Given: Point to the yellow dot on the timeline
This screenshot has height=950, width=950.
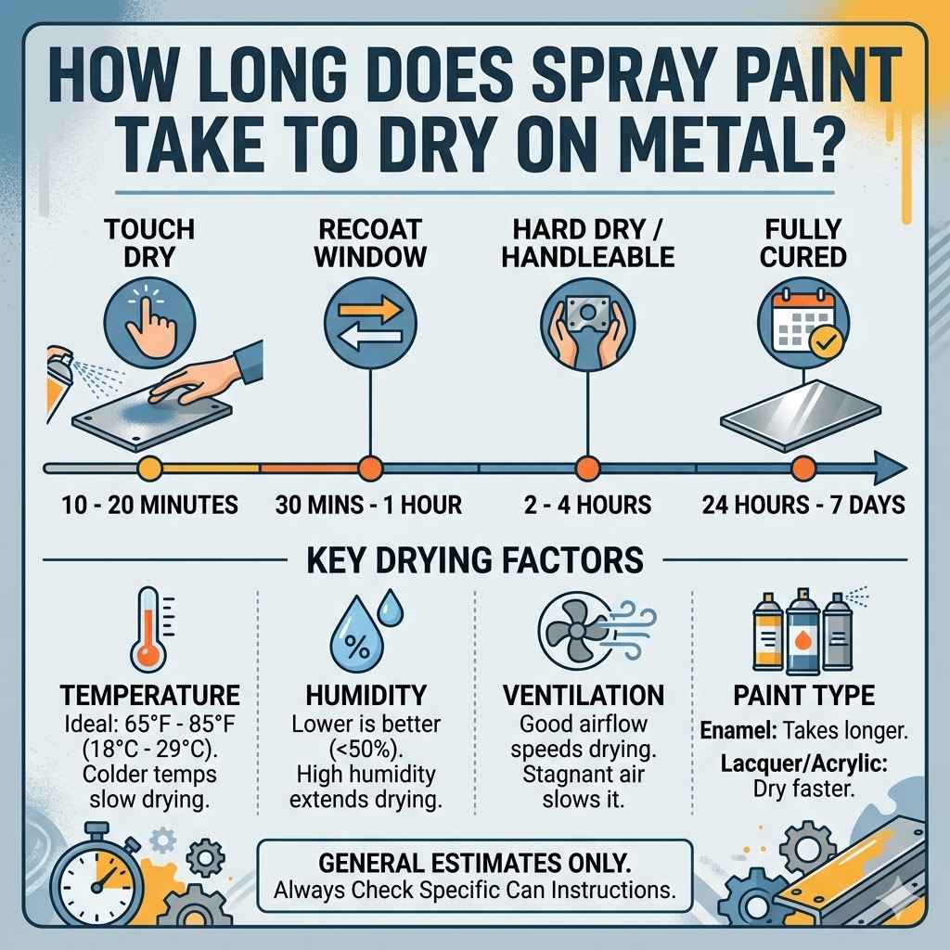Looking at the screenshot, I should [x=148, y=468].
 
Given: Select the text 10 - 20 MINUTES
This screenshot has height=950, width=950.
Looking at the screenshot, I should [x=149, y=506].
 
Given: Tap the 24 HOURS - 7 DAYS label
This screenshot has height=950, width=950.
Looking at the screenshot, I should [x=803, y=506].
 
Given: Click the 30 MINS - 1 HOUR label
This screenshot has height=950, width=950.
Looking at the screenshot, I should [x=369, y=506].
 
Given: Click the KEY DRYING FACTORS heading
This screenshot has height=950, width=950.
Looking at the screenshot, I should [x=475, y=560].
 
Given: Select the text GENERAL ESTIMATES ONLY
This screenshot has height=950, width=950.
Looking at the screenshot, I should [x=474, y=862].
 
